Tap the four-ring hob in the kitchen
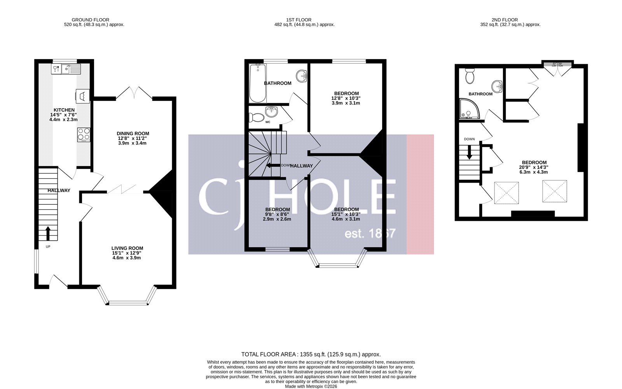(x=84, y=134)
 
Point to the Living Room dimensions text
(x=127, y=255)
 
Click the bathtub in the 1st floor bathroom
(x=257, y=83)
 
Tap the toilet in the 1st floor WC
(x=257, y=116)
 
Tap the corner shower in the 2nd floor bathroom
(x=468, y=109)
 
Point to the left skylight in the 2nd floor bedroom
(x=506, y=192)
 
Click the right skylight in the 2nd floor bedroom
(x=555, y=191)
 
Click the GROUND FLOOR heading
(x=90, y=20)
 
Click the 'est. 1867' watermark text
(x=370, y=234)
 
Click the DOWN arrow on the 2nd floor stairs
(x=469, y=152)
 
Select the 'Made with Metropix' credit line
(x=311, y=386)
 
